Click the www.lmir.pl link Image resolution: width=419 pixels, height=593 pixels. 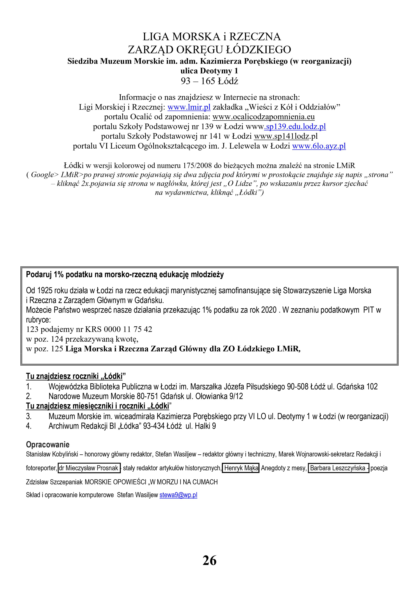(189, 107)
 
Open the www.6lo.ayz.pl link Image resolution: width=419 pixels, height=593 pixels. (319, 146)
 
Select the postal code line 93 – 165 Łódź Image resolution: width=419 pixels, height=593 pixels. (209, 81)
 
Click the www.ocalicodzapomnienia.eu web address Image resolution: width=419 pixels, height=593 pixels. (264, 117)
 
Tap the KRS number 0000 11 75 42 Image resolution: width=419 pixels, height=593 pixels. (128, 329)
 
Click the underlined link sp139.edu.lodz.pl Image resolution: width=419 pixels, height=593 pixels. (295, 127)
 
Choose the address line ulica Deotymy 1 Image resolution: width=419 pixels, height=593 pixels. (209, 71)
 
